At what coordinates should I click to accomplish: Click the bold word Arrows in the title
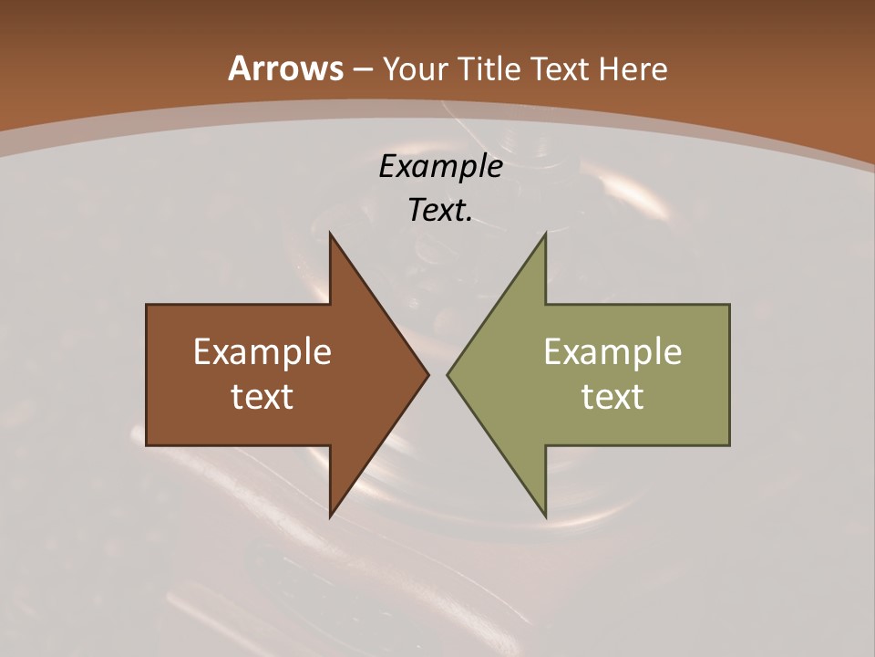click(285, 68)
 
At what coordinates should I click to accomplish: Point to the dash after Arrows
click(362, 69)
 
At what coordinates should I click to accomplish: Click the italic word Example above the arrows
click(440, 166)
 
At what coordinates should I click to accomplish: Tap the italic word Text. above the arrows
click(440, 210)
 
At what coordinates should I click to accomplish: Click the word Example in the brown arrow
click(262, 351)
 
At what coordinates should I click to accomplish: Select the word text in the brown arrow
click(262, 396)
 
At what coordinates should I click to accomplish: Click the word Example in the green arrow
click(612, 351)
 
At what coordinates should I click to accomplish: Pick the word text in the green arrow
click(612, 396)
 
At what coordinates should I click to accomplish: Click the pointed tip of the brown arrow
click(428, 374)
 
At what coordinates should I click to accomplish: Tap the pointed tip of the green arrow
click(448, 374)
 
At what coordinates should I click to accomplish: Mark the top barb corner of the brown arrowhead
click(330, 234)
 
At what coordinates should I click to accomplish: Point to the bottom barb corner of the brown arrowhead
click(330, 516)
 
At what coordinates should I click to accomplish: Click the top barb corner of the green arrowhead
click(546, 234)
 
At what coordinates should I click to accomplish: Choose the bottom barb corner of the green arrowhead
click(546, 516)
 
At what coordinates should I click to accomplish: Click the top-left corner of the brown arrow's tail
click(147, 305)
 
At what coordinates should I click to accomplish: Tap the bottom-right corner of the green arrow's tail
click(729, 445)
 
